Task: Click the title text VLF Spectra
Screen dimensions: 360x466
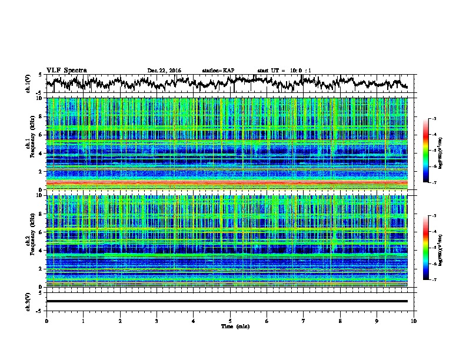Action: click(66, 70)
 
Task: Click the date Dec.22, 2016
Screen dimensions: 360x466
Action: click(164, 71)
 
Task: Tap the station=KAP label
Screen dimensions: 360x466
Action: click(218, 71)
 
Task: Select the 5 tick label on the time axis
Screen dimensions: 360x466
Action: click(230, 320)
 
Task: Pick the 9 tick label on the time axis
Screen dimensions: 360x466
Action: click(377, 320)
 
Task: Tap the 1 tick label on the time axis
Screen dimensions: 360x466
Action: click(83, 320)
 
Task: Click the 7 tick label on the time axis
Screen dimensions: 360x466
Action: click(304, 320)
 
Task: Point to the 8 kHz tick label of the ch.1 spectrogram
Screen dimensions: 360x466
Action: click(41, 116)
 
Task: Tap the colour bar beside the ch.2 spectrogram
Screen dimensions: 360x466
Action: click(432, 248)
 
